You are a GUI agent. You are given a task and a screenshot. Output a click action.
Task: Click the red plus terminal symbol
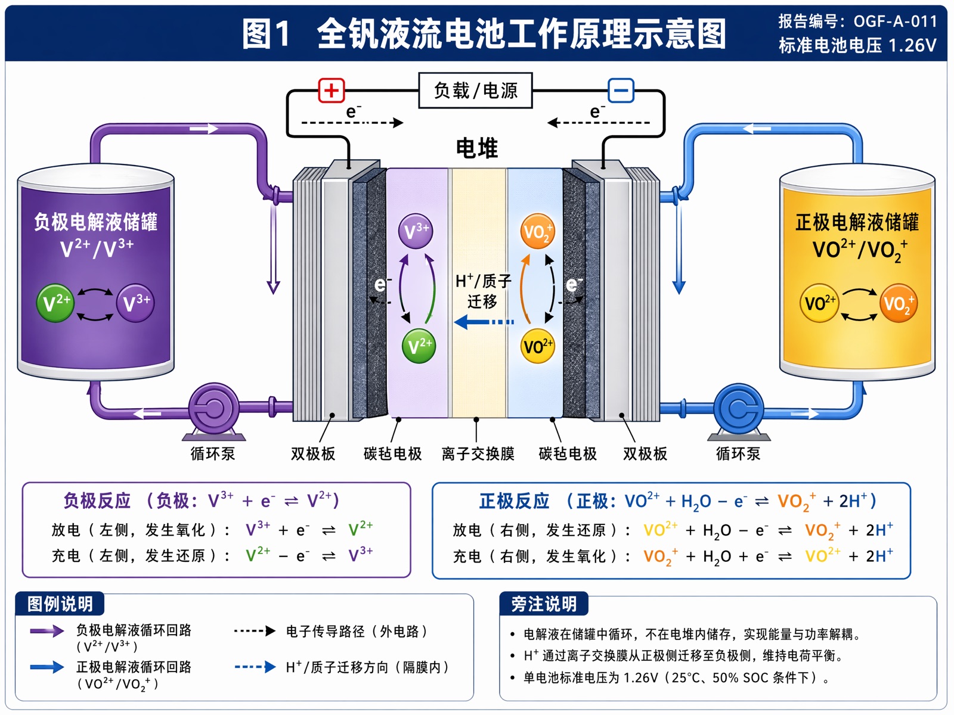pos(331,91)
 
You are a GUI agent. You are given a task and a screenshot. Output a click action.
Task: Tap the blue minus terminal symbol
pos(621,91)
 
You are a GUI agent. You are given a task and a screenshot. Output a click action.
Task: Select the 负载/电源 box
pos(475,91)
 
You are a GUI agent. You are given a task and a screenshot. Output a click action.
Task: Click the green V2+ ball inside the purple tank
pos(55,303)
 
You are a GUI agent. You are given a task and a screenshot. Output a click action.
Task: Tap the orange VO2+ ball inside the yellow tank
pos(899,303)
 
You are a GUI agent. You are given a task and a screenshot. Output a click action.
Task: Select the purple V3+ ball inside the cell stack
pos(416,231)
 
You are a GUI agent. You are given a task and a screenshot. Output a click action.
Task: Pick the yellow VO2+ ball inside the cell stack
pos(537,346)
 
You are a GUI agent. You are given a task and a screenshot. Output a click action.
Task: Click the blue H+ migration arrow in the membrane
pos(484,322)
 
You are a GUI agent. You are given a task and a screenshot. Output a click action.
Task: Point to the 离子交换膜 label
pos(478,453)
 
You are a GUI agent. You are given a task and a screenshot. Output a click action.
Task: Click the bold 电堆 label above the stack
pos(477,148)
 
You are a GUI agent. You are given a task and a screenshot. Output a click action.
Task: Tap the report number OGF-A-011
pos(896,21)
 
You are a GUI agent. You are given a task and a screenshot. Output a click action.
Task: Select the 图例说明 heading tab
pos(60,604)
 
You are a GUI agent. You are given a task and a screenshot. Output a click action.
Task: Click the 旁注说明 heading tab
pos(544,604)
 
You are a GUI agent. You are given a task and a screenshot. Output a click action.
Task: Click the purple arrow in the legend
pos(47,631)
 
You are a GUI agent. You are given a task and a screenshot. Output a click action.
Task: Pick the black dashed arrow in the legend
pos(255,631)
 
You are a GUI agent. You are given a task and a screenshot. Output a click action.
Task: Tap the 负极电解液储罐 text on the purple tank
pos(95,222)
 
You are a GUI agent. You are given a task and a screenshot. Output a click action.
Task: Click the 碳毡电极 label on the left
pos(392,453)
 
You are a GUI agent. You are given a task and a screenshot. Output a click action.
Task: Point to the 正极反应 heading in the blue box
pos(514,501)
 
